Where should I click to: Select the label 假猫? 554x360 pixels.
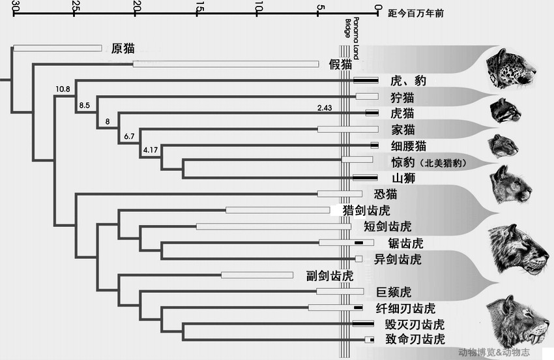[x=340, y=64]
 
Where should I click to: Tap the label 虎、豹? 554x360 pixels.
[x=408, y=81]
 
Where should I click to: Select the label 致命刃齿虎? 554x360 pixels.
[x=414, y=339]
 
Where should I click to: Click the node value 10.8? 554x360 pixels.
[x=64, y=89]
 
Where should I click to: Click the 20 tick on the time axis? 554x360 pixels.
[x=136, y=7]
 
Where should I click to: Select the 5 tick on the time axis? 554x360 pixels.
[x=318, y=7]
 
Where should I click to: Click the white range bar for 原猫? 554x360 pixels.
[x=57, y=48]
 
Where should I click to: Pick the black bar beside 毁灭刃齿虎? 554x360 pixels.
[x=362, y=323]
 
